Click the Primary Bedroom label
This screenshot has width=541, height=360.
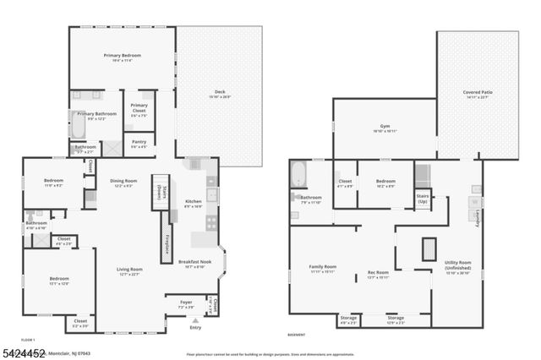pyautogui.click(x=123, y=56)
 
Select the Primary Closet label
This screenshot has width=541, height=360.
pyautogui.click(x=139, y=107)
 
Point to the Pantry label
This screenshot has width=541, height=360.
pyautogui.click(x=139, y=142)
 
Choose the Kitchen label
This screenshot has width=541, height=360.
pyautogui.click(x=194, y=201)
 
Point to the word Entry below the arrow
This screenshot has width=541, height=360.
pyautogui.click(x=196, y=326)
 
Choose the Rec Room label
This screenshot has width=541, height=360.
pyautogui.click(x=378, y=272)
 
